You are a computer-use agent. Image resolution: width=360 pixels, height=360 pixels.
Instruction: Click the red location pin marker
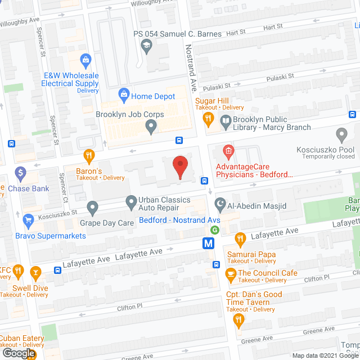(179, 166)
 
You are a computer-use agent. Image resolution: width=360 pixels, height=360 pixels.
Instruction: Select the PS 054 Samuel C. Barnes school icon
(147, 47)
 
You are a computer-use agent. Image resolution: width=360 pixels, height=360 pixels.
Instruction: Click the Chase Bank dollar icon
(21, 172)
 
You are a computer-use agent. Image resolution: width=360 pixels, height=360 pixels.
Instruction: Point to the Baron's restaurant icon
(88, 155)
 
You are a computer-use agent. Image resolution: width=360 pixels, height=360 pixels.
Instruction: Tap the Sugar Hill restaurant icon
(208, 118)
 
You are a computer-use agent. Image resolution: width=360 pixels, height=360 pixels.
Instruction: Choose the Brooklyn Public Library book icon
(226, 120)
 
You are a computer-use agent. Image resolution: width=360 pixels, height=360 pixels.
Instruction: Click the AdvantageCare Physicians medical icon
(228, 150)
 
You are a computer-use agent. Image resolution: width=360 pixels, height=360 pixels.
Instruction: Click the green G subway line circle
(214, 229)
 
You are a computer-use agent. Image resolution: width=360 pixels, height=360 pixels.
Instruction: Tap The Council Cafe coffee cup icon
(230, 273)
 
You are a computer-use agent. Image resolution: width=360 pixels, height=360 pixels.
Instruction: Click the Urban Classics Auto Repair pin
(130, 201)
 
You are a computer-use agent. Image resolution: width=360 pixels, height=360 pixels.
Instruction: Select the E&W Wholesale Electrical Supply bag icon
(85, 58)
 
